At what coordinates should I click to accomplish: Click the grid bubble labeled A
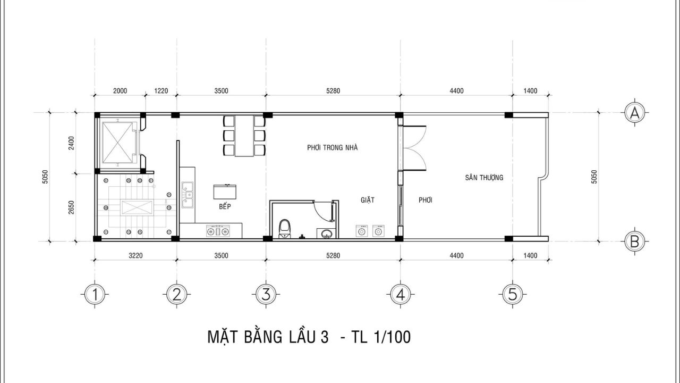coord(634,113)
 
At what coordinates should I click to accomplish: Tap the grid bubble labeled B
coord(634,242)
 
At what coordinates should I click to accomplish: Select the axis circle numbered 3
coord(266,294)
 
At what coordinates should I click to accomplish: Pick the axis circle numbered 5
coord(513,294)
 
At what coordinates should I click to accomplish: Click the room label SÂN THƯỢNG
coord(484,177)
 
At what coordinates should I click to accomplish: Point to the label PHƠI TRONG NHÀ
coord(333,148)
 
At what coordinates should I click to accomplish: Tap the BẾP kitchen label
coord(225,206)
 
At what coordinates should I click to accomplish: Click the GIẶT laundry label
coord(368,199)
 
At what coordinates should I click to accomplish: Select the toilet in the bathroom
coord(285,229)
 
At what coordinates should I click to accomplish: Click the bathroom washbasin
coord(326,233)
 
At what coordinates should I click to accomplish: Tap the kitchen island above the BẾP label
coord(225,191)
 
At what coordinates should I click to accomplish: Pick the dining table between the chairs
coord(244,136)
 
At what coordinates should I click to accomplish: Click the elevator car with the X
coord(118,143)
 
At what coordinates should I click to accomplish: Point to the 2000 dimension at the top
coord(120,90)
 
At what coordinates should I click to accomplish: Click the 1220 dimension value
coord(161,90)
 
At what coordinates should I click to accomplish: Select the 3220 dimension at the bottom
coord(135,255)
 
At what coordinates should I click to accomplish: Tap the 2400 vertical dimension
coord(71,143)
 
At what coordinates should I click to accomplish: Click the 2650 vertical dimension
coord(71,207)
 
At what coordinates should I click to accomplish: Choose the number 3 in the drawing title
coord(324,337)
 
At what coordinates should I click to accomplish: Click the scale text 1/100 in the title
coord(393,337)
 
